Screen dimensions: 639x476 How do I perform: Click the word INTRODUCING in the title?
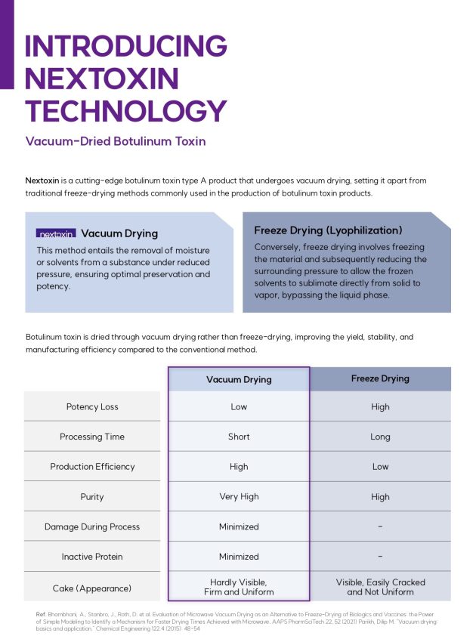[x=125, y=45]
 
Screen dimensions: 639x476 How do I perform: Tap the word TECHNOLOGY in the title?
[x=125, y=110]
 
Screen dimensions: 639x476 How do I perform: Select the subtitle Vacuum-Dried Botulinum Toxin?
[x=115, y=141]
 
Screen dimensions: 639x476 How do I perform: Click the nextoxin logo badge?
[x=56, y=234]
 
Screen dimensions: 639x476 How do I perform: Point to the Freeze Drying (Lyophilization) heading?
[x=328, y=230]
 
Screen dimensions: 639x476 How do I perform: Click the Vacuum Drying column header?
[x=239, y=379]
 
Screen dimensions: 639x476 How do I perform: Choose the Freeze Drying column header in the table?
[x=380, y=378]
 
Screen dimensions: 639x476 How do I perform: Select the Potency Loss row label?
[x=92, y=406]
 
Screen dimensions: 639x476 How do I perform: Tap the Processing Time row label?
[x=92, y=437]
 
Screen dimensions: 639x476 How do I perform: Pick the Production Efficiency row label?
[x=92, y=467]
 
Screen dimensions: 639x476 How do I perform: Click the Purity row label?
[x=92, y=497]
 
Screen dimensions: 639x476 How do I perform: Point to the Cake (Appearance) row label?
[x=92, y=588]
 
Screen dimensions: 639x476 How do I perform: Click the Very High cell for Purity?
[x=239, y=497]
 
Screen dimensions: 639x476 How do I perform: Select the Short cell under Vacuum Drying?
[x=239, y=437]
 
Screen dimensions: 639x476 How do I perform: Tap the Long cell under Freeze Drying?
[x=380, y=437]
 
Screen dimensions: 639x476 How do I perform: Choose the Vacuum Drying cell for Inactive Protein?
[x=239, y=557]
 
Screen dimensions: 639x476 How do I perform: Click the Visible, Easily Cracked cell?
[x=380, y=587]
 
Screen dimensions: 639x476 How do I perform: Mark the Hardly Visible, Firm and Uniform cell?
[x=239, y=587]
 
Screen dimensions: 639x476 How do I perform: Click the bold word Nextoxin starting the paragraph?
[x=43, y=181]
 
